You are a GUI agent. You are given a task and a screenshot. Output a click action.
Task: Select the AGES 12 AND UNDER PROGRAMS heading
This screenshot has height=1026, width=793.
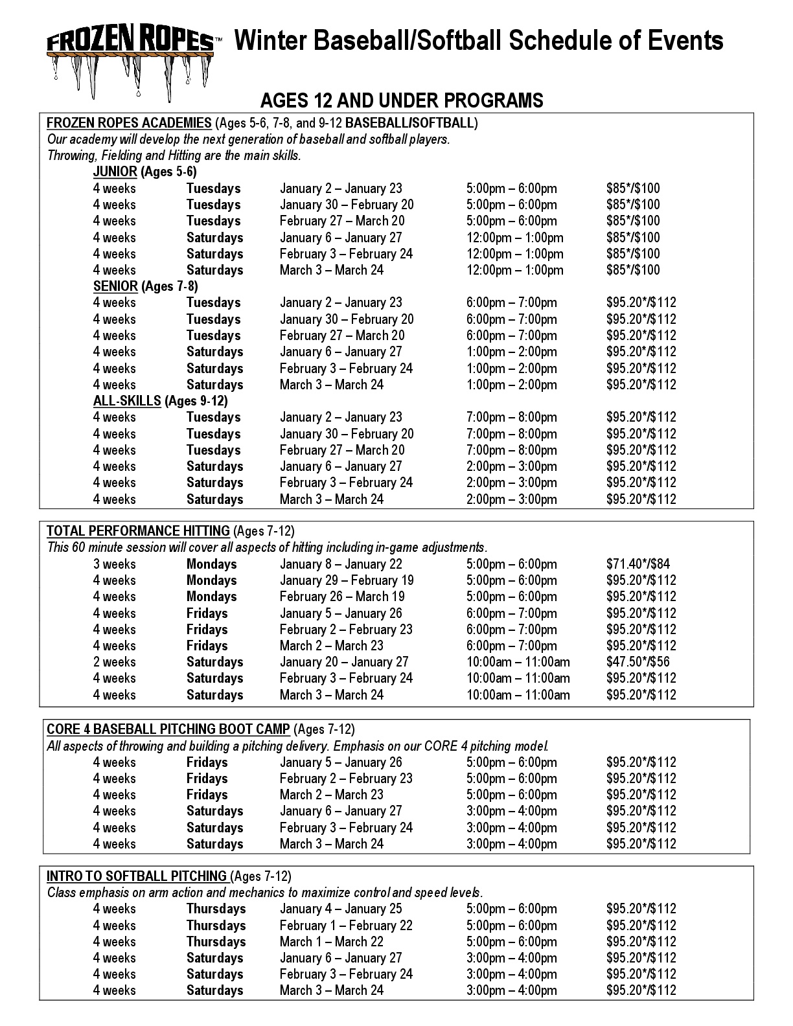[x=401, y=100]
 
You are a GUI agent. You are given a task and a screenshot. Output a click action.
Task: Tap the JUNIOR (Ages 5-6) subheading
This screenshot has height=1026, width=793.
[x=144, y=172]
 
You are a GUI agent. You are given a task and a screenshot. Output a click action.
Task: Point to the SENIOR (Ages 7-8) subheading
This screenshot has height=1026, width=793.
[x=145, y=286]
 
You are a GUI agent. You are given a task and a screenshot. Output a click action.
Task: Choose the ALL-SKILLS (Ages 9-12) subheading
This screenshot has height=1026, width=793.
[x=160, y=401]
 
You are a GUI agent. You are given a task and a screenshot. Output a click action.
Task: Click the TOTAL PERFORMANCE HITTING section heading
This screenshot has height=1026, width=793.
[x=138, y=531]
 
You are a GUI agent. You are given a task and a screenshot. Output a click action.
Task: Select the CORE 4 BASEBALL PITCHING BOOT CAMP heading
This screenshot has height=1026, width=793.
[x=168, y=729]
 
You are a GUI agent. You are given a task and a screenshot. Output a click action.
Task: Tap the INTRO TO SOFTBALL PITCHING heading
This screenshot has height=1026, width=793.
[x=136, y=876]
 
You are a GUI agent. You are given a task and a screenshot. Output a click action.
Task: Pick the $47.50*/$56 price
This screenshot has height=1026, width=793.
[x=638, y=662]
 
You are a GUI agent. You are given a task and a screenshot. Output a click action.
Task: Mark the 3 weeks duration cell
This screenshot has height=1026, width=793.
[x=114, y=564]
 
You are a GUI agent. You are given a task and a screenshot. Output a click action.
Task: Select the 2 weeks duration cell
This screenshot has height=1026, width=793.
[x=114, y=662]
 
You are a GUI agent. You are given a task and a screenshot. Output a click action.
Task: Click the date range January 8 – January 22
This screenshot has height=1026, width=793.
[x=341, y=564]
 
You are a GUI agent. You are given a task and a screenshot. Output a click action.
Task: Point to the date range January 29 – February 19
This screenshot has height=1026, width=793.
[x=347, y=580]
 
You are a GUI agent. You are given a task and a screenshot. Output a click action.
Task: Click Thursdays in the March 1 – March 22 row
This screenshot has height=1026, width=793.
[x=216, y=942]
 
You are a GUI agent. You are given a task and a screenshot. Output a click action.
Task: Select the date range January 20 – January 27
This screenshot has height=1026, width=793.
[x=344, y=662]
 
